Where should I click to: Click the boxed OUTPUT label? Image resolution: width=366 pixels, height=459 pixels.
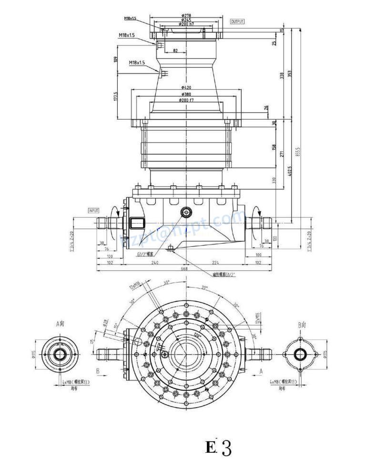pos(237,22)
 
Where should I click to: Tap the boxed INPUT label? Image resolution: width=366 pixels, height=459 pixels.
pos(93,210)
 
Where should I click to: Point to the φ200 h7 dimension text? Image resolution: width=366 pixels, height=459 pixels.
pos(186,24)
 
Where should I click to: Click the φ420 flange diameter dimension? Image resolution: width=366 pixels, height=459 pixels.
pos(186,88)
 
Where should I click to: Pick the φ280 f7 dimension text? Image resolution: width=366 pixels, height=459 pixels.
pos(186,100)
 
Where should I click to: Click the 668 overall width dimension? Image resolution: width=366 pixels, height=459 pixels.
pos(184,269)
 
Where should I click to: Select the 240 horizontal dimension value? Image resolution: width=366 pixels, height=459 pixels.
pos(155,262)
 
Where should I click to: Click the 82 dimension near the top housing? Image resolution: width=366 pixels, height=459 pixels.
pos(175,51)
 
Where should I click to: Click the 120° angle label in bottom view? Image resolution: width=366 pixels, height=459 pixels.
pos(197,336)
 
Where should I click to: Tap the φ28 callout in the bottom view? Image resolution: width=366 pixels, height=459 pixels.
pos(105,323)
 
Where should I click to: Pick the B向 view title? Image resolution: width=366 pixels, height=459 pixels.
pos(302,325)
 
